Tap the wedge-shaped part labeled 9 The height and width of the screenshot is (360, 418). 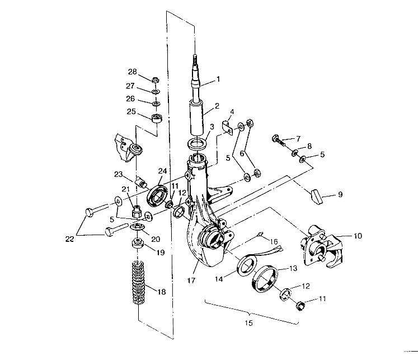[317, 197]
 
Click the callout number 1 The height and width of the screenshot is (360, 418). [219, 80]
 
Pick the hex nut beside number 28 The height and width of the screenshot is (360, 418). [156, 79]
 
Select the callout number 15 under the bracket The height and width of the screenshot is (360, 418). [250, 324]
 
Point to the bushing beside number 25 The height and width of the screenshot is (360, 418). [157, 119]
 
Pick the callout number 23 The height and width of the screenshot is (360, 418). [118, 174]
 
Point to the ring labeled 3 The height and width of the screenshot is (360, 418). [195, 144]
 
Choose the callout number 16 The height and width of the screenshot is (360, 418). [274, 241]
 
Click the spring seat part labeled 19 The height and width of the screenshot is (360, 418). [137, 245]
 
